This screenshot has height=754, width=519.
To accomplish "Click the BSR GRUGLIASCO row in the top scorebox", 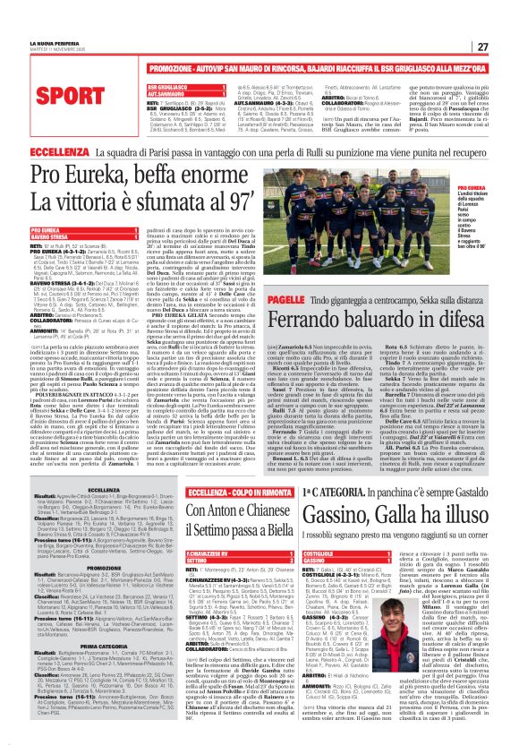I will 142,87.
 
